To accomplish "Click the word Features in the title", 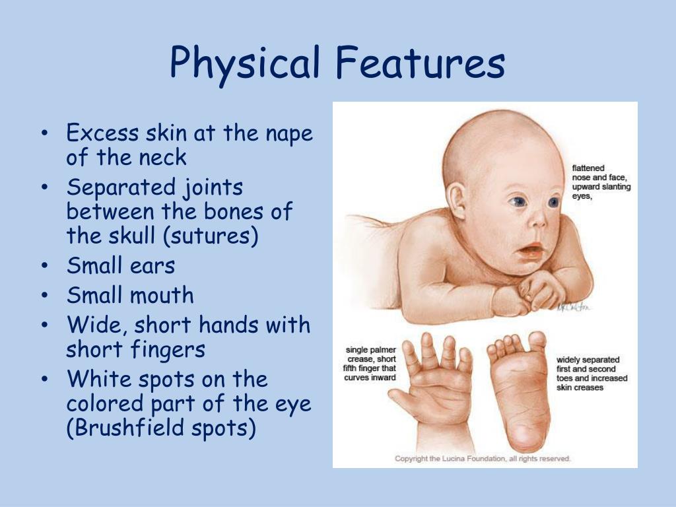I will [420, 63].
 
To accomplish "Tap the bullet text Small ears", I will [121, 266].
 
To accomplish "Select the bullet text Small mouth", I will [130, 295].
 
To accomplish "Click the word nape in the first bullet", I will [289, 133].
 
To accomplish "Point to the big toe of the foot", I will [537, 341].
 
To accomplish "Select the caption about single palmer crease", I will [370, 363].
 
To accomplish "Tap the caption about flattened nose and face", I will [601, 182].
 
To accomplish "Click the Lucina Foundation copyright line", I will [483, 458].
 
